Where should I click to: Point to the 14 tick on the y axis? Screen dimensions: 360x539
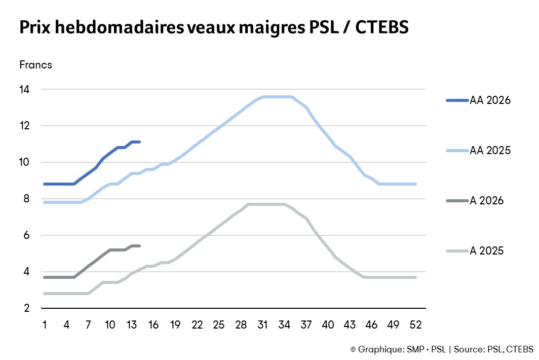point(25,90)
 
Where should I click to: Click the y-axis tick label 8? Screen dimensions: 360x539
point(27,199)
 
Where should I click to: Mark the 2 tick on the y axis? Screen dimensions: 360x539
point(27,308)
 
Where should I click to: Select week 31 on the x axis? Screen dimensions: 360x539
point(262,324)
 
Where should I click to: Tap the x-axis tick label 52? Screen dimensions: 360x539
point(415,324)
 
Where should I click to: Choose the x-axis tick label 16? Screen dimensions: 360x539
point(153,324)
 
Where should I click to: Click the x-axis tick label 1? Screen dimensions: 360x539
point(45,324)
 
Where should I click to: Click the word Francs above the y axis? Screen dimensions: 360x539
point(35,65)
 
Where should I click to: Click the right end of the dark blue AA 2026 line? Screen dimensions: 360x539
point(139,142)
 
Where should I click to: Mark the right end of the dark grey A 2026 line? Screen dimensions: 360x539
point(139,246)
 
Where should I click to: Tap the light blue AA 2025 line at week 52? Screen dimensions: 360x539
point(415,184)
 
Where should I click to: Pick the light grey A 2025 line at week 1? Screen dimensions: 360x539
point(45,294)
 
